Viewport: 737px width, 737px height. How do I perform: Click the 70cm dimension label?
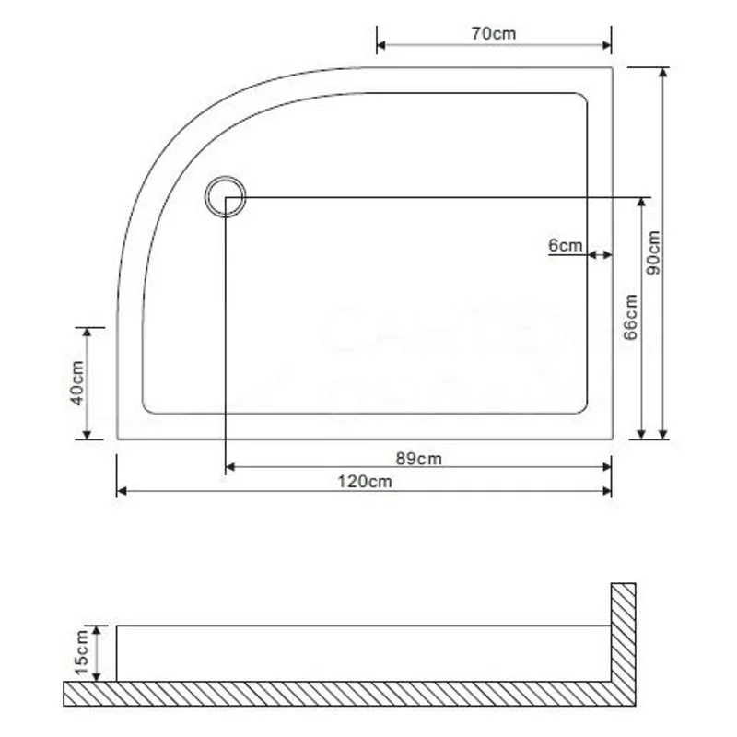493,33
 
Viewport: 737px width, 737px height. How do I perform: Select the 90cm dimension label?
652,252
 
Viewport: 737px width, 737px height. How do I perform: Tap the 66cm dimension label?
630,318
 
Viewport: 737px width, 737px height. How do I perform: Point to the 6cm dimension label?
565,245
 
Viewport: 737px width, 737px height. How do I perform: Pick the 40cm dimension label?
77,382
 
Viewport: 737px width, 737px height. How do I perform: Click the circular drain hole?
225,196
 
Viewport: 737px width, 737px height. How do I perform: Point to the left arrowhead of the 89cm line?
230,468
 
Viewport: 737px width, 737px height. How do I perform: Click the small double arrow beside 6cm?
600,254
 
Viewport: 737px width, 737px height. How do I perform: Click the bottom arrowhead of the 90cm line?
661,434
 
